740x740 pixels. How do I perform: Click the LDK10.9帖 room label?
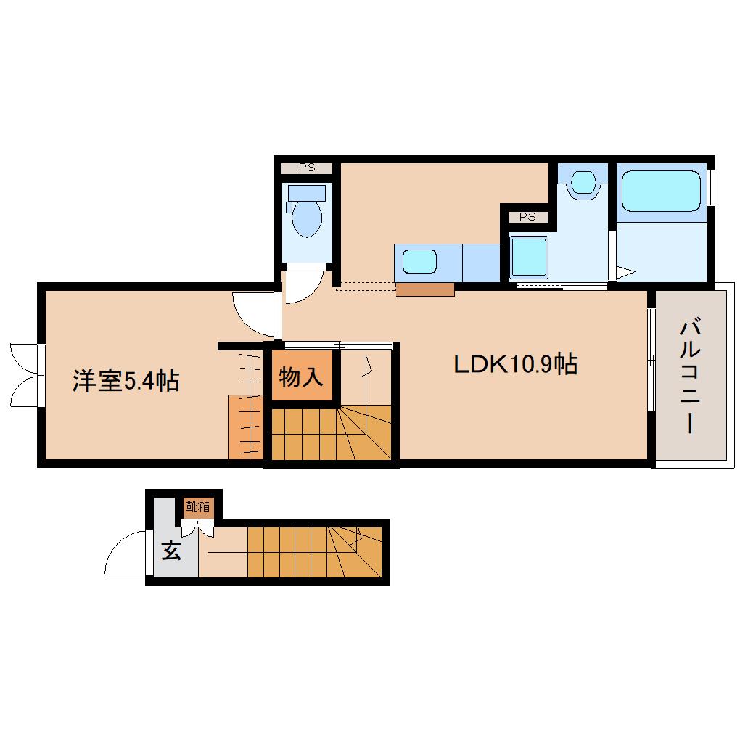pos(515,364)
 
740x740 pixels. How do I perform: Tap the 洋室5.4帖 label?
pos(126,381)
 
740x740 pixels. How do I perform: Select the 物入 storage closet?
pos(302,377)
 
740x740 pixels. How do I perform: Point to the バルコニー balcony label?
pos(690,376)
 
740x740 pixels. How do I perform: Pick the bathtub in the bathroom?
pos(661,191)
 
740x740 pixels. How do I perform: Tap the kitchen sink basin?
pos(419,261)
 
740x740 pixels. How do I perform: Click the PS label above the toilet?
pos(307,168)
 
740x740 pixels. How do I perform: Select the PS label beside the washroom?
pos(527,217)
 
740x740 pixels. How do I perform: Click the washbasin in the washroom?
pos(583,181)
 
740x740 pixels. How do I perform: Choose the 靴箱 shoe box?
pos(198,507)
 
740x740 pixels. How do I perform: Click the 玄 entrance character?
pos(171,550)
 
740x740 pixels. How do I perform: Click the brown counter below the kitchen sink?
pos(424,289)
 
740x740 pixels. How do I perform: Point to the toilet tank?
pos(307,192)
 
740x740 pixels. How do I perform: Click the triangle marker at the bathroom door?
pos(625,273)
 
